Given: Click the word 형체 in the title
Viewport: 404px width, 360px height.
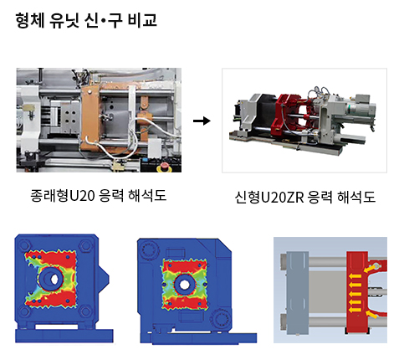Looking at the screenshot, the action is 30,20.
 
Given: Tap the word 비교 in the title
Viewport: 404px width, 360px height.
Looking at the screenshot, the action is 142,20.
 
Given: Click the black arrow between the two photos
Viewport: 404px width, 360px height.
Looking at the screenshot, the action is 202,121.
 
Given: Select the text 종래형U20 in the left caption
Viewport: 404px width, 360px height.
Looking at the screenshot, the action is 63,196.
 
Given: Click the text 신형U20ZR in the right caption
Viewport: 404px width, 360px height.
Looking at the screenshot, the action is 269,198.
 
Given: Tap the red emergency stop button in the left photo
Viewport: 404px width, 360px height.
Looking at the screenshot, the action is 164,168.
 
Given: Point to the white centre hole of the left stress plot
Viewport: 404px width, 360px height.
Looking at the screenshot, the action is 54,279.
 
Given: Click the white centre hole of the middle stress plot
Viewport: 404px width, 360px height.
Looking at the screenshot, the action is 184,285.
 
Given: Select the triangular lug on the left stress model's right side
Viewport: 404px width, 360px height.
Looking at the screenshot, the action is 103,280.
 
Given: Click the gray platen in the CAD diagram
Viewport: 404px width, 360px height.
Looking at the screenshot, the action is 297,293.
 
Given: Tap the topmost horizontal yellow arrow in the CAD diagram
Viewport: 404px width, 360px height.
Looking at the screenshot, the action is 355,276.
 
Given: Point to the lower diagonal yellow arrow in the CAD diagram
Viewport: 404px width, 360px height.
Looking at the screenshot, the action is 371,314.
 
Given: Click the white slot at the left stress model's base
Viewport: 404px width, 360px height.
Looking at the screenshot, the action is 57,327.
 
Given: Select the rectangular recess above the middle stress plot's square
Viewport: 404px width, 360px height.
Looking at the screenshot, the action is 176,254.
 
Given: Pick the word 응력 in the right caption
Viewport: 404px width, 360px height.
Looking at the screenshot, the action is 320,198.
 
